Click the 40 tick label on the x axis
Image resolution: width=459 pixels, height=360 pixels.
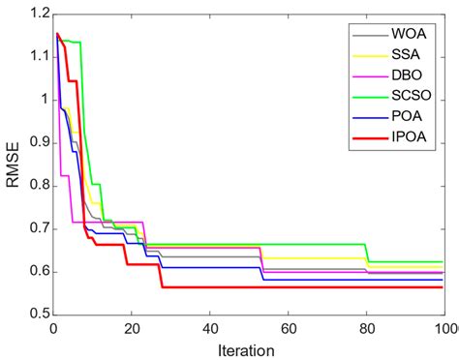(x=208, y=328)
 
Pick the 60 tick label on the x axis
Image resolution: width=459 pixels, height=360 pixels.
(x=287, y=328)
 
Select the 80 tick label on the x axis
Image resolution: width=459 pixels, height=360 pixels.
(x=365, y=328)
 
